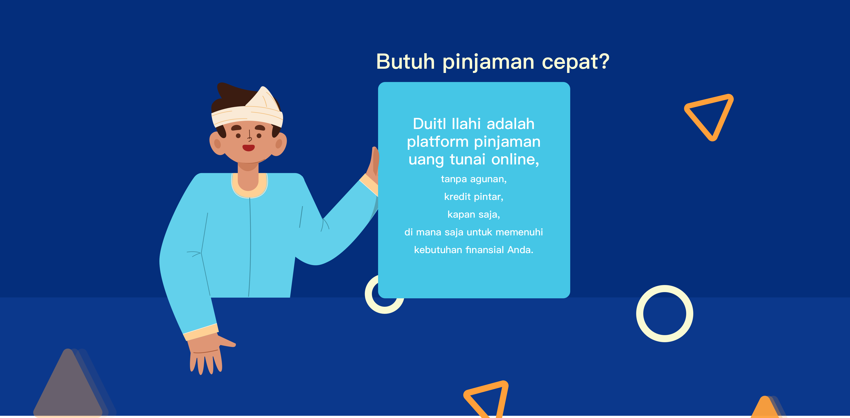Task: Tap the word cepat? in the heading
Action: (576, 62)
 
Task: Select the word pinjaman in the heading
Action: (488, 62)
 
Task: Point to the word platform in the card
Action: (438, 142)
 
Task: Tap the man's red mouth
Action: (248, 148)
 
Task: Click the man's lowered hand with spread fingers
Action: (208, 354)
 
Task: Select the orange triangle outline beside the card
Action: (709, 116)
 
